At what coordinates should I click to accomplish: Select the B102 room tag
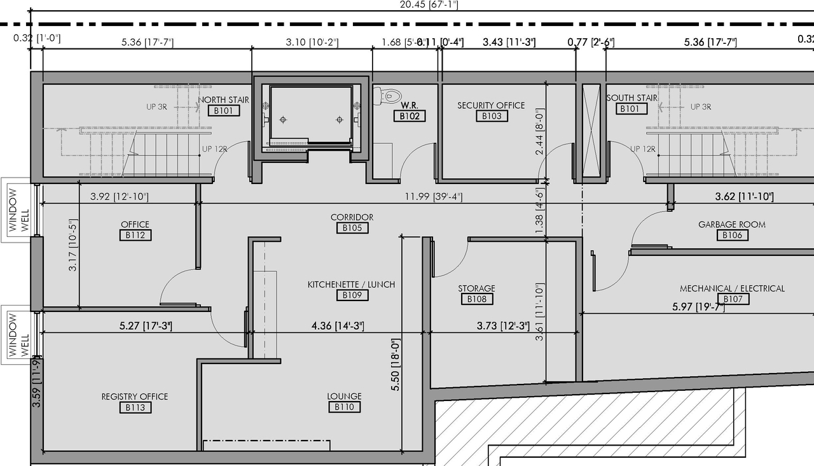pos(408,117)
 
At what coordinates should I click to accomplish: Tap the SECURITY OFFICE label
pos(491,105)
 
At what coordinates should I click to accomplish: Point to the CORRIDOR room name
pos(352,217)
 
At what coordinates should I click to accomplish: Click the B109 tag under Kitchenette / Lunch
pos(352,295)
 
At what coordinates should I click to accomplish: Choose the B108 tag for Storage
pos(476,299)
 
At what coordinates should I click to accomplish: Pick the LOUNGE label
pos(344,396)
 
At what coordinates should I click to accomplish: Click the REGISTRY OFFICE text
pos(135,397)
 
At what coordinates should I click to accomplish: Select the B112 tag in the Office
pos(135,235)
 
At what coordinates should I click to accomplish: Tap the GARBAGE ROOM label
pos(731,224)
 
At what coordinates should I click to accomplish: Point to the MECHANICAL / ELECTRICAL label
pos(732,288)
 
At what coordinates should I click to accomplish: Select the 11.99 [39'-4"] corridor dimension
pos(425,196)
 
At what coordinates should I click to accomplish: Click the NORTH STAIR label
pos(223,100)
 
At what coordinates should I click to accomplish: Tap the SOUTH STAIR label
pos(631,98)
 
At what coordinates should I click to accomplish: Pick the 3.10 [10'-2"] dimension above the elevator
pos(312,43)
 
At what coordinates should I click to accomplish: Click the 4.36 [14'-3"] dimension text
pos(337,326)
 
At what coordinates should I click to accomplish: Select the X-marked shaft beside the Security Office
pos(591,131)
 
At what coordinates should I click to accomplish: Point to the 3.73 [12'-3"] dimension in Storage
pos(503,326)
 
